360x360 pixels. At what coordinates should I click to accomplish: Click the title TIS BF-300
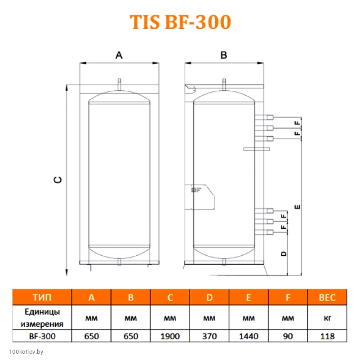pos(180,22)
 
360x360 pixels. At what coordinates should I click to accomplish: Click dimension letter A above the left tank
pos(119,55)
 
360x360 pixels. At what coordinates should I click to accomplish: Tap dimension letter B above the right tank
pos(224,55)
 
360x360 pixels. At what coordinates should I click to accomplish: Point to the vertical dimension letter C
pos(58,180)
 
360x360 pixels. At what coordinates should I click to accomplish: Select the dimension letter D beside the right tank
pos(284,253)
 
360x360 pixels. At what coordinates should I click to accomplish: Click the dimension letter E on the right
pos(298,207)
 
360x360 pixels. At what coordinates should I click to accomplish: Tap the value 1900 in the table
pos(170,336)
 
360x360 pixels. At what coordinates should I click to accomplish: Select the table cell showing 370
pos(209,336)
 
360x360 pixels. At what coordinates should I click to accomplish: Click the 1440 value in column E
pos(249,336)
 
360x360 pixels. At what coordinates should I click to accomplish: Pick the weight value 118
pos(327,336)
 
